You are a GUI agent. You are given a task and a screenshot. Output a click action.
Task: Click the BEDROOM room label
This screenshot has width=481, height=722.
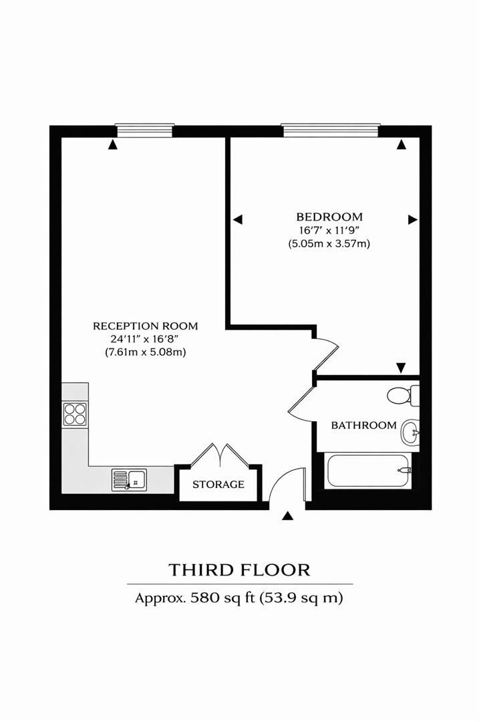329,217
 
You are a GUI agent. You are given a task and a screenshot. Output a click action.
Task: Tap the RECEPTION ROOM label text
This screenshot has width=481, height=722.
146,326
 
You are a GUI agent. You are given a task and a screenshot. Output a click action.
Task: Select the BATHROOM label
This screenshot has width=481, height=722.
364,425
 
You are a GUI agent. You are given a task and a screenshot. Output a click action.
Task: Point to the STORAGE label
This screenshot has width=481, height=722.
218,484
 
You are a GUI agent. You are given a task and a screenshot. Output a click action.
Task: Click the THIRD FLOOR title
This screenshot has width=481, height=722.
240,570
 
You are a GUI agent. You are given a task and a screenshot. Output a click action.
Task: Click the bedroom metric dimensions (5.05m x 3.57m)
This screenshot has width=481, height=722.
329,244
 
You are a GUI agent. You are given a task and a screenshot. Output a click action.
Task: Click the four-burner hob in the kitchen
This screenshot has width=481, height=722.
75,414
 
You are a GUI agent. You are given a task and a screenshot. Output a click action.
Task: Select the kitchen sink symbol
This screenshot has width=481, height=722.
130,479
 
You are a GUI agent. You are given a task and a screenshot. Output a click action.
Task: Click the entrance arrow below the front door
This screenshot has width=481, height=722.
288,516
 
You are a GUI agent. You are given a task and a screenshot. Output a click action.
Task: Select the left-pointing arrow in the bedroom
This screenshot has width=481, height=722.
237,219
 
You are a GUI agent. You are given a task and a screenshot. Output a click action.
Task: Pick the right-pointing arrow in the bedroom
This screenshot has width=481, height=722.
413,219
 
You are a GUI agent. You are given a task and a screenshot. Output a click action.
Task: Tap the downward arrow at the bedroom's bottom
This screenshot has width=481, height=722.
400,367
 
